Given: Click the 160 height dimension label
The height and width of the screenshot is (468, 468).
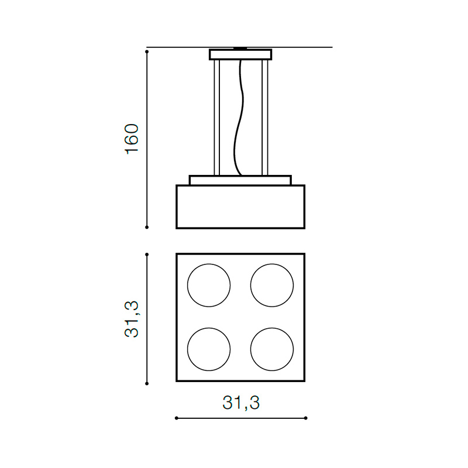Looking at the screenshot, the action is tap(132, 139).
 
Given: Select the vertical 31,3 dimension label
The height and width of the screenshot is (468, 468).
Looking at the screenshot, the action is tap(132, 319).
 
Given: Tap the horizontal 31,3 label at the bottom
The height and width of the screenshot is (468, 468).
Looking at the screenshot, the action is tap(241, 402).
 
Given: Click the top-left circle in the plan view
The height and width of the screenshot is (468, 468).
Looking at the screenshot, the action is tap(187, 285).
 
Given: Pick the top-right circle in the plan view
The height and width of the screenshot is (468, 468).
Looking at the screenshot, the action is tap(251, 285).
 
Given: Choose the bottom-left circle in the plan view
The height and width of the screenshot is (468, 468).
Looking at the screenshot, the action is tap(187, 349).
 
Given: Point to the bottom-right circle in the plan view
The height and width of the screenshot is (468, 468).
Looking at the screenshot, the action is tap(251, 349).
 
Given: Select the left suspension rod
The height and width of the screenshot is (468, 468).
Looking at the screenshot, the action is tap(216, 118).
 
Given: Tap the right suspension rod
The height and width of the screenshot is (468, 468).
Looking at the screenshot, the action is tap(265, 118).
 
